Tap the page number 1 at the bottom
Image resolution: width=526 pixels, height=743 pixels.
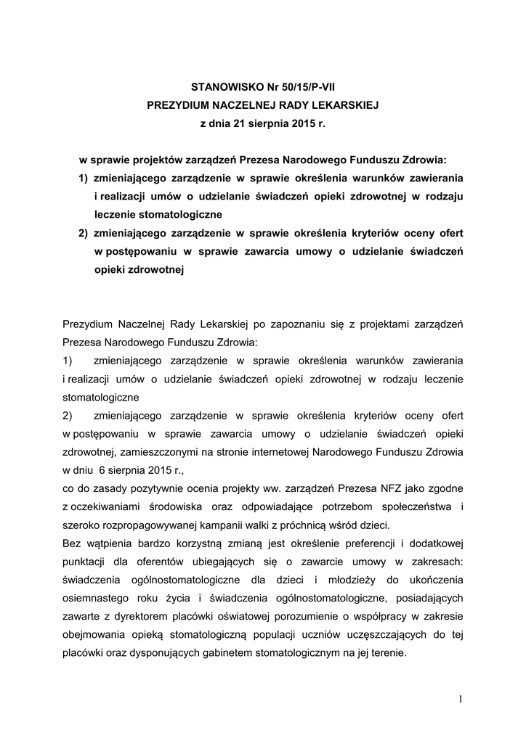click(460, 699)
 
